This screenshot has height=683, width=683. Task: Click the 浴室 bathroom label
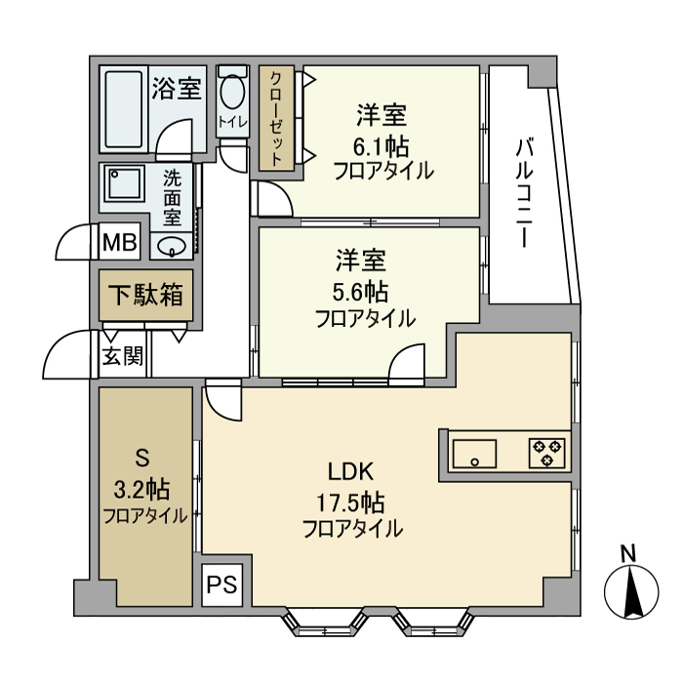[x=177, y=90]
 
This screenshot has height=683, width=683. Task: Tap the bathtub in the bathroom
[x=123, y=108]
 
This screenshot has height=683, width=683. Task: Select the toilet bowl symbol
[x=232, y=95]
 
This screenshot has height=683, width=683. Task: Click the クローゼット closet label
[x=277, y=117]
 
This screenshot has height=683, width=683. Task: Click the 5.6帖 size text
[x=363, y=292]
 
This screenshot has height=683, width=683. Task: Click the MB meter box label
[x=121, y=243]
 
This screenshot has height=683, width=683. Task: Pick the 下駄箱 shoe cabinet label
[x=145, y=295]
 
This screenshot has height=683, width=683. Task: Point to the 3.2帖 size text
[x=142, y=488]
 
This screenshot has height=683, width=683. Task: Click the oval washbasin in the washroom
[x=172, y=245]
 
